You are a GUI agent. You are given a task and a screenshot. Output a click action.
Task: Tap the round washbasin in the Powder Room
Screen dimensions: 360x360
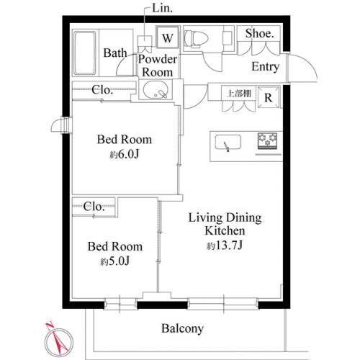click(156, 91)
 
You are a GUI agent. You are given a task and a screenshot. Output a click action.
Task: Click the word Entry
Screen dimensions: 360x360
click(266, 67)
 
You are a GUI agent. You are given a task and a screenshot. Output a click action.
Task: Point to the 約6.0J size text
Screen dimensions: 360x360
click(125, 154)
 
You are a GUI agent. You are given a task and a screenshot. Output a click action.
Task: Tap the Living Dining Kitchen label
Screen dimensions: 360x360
click(225, 224)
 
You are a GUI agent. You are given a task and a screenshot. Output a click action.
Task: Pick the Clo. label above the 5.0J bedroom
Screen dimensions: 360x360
click(95, 207)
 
